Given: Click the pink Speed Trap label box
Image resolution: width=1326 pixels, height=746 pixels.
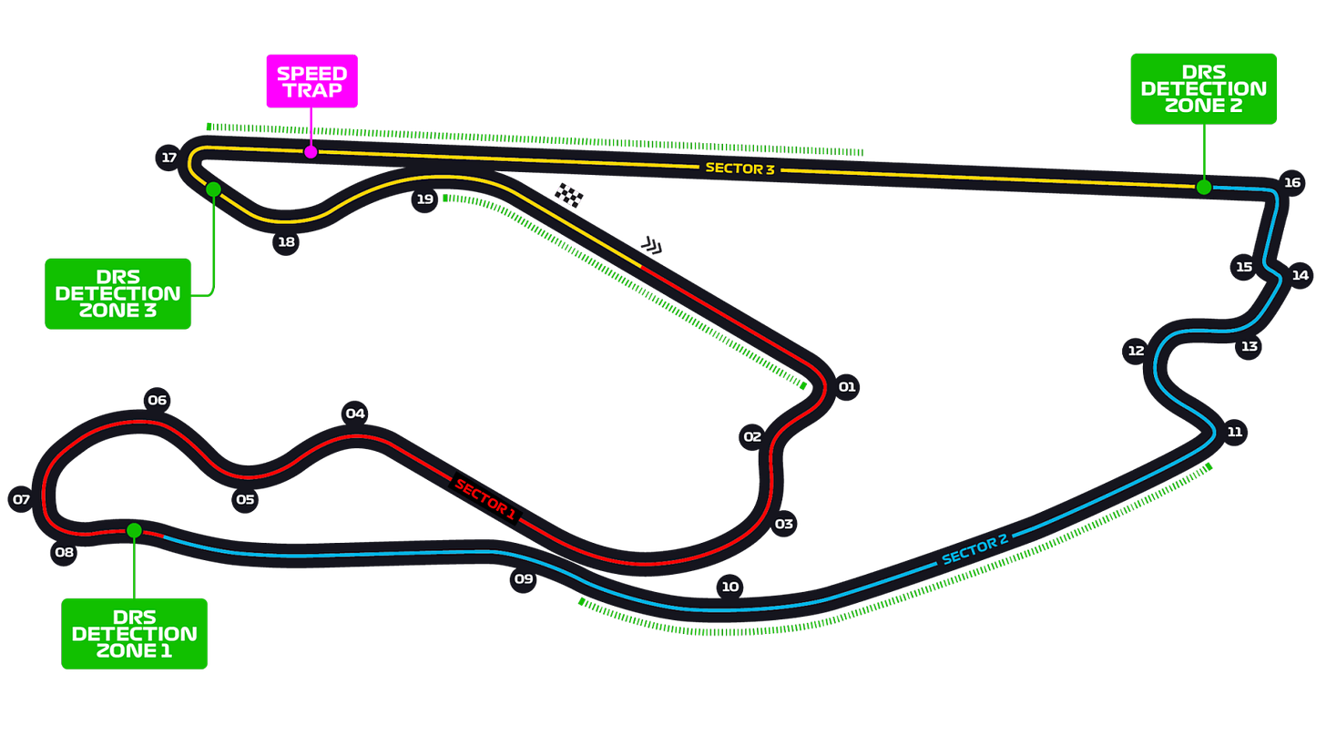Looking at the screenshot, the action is (311, 80).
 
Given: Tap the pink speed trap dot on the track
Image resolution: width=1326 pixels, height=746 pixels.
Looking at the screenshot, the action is (311, 152).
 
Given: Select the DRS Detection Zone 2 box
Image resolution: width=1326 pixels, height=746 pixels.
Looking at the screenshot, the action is (1203, 88).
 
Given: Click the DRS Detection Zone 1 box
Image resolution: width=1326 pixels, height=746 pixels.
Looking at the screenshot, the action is (135, 633).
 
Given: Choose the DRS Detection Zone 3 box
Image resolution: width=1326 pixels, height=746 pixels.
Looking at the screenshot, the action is (117, 293).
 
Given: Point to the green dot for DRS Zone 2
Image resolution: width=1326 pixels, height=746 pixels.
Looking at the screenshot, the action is (1203, 188).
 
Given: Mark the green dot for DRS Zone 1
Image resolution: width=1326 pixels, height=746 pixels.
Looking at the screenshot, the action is (134, 530).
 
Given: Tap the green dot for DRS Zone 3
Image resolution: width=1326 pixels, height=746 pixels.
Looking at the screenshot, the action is (213, 189).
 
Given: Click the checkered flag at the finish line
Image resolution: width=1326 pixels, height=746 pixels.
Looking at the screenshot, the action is (569, 195).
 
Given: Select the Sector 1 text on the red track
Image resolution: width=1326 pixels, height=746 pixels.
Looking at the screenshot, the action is (485, 498).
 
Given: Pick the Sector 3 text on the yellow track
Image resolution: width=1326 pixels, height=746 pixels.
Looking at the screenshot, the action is (739, 169).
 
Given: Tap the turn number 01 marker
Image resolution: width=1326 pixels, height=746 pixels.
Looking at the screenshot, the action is (847, 387).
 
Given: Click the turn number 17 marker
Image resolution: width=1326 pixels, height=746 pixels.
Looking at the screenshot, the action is (168, 158).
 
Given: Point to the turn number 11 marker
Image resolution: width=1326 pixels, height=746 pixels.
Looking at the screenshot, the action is (1234, 432).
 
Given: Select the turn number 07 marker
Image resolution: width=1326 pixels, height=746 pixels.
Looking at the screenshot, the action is (21, 499).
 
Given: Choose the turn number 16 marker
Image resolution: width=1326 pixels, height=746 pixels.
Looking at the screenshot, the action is (1292, 182).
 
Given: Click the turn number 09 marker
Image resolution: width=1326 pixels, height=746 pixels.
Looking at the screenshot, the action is (523, 578).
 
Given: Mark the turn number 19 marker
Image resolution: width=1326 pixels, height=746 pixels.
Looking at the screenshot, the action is (424, 199).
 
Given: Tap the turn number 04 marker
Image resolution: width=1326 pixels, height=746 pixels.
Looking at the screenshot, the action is (354, 414).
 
